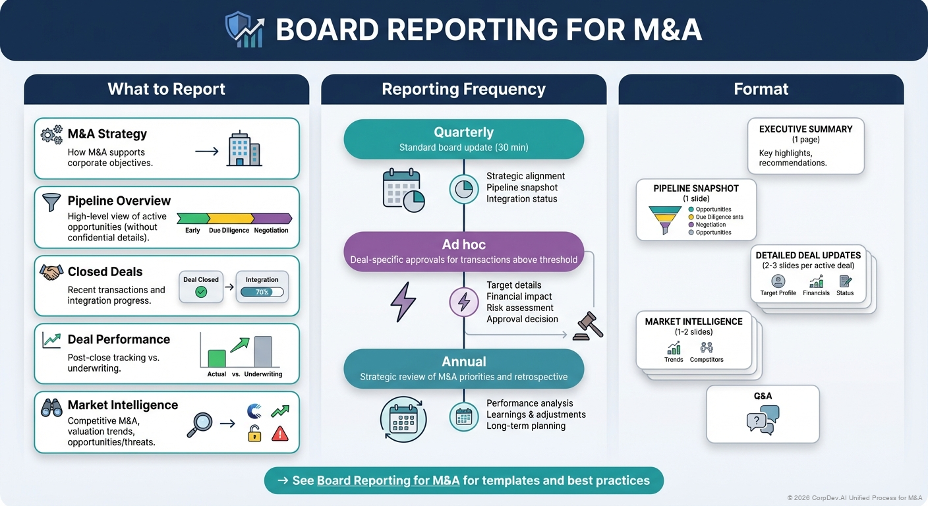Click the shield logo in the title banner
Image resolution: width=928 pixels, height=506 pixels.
coord(244,30)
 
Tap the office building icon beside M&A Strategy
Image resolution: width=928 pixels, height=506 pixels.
coord(244,150)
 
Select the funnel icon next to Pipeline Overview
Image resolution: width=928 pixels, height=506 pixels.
coord(51,202)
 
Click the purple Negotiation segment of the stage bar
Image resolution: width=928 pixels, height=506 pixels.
coord(272,218)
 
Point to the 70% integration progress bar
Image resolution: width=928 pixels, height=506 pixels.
coord(262,292)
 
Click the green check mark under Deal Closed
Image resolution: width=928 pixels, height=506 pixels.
coord(201,292)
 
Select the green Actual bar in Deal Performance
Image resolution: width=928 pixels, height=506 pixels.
coord(217,358)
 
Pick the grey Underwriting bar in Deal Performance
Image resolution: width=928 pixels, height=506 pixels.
coord(262,352)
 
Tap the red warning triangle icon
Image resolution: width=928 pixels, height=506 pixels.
coord(280,433)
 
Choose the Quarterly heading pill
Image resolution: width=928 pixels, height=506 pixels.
coord(464,139)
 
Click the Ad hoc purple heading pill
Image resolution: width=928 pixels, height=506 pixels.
coord(464,251)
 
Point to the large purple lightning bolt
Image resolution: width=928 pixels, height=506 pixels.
coord(403,302)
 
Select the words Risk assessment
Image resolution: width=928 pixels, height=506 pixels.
coord(519,308)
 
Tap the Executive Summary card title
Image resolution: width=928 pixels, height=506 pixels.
coord(805,129)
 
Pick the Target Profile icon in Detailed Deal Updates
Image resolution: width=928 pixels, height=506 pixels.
coord(778,281)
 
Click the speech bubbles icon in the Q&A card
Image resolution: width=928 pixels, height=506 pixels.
coord(763,420)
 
